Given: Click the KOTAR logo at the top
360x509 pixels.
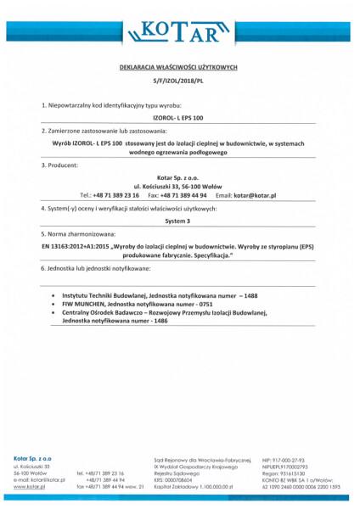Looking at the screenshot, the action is [180, 32].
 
